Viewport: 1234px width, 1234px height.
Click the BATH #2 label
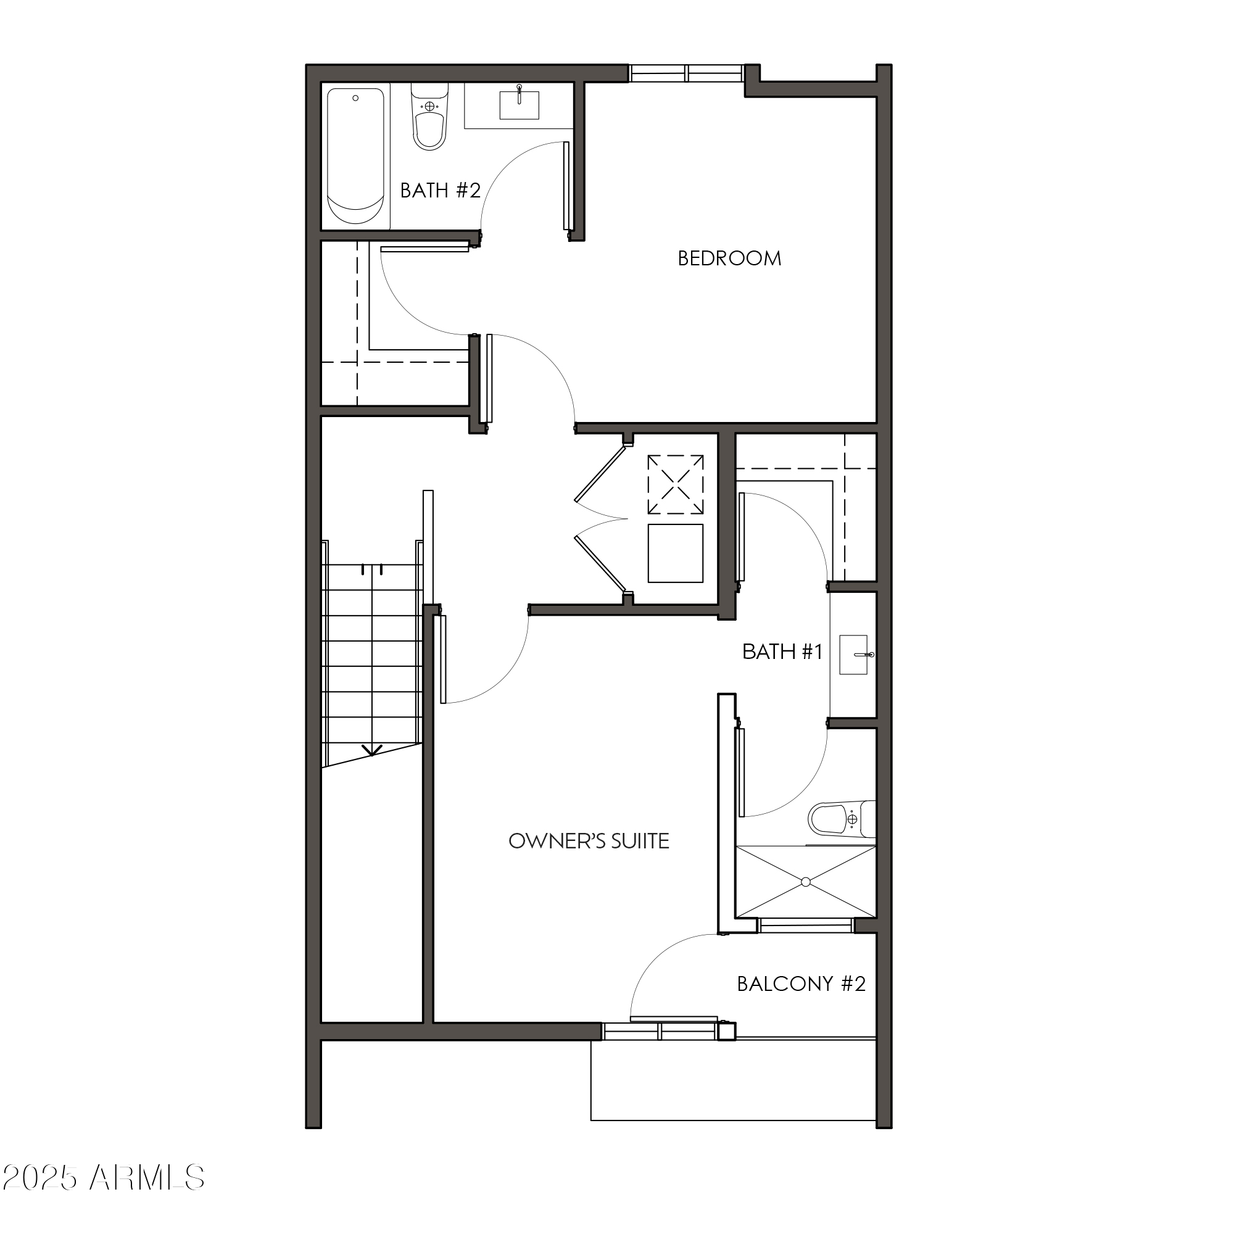440,190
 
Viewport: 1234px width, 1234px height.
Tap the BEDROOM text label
729,259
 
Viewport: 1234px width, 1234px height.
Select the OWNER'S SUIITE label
588,841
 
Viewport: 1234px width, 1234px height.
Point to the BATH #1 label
782,652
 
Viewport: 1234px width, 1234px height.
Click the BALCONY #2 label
801,983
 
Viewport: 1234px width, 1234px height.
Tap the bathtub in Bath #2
355,156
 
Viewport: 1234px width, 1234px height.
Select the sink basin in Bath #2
520,106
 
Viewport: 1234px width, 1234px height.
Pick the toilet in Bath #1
839,819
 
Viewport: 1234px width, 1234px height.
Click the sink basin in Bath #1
853,655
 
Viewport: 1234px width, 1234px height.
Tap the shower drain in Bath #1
805,882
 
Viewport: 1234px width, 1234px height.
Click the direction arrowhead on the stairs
371,750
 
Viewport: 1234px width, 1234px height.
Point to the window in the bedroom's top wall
686,73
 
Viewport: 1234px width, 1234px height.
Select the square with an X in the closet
675,484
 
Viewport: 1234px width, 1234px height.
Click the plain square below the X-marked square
675,553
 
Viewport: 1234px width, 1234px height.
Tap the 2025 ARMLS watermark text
104,1178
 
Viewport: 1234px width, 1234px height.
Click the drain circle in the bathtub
356,98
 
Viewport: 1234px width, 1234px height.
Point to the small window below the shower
805,925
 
